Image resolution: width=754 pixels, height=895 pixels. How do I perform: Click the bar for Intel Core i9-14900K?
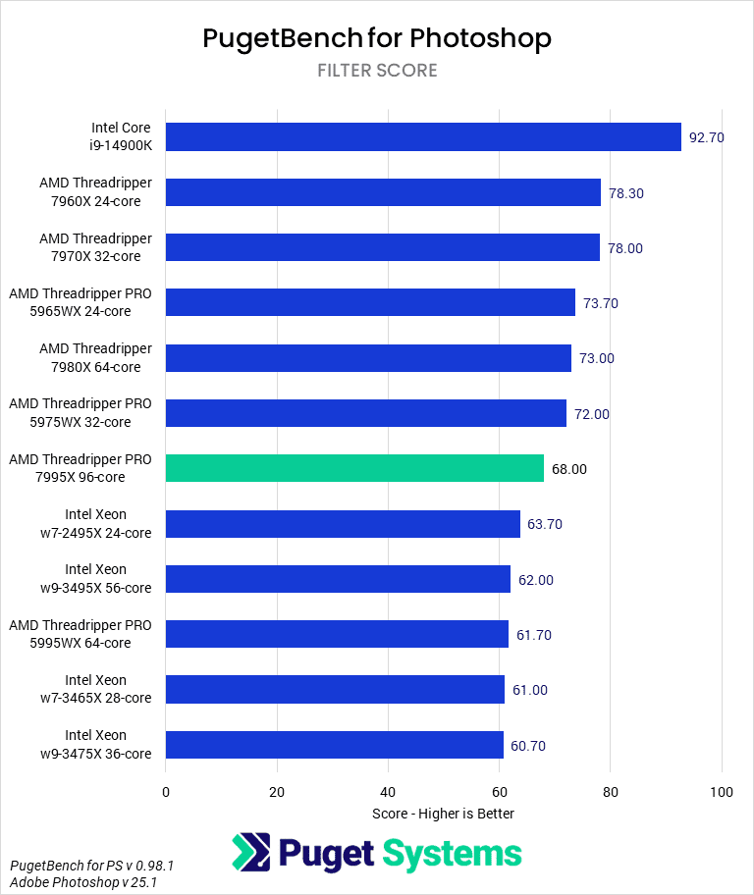(x=423, y=137)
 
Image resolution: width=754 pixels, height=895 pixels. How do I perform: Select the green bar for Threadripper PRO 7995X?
(x=354, y=468)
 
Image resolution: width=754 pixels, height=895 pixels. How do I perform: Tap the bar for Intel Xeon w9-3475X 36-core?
(x=335, y=745)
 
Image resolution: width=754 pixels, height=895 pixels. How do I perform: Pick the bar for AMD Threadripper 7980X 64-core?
(x=368, y=358)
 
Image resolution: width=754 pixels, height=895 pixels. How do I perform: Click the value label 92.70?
(x=706, y=137)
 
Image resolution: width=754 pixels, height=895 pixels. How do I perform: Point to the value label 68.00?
(x=569, y=469)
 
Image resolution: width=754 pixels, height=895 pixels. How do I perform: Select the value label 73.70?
(x=601, y=303)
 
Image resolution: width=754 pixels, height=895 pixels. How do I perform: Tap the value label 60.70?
(x=528, y=746)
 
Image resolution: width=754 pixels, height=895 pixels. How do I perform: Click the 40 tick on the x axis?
(x=389, y=792)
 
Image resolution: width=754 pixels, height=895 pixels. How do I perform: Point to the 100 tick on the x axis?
(x=722, y=792)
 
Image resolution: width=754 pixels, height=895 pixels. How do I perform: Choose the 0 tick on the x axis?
(x=166, y=792)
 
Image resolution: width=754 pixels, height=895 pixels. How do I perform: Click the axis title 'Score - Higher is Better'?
(x=444, y=814)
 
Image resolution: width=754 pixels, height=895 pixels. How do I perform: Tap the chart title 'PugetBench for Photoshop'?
(x=377, y=38)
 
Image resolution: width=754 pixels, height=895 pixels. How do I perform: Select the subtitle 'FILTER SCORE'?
(x=377, y=71)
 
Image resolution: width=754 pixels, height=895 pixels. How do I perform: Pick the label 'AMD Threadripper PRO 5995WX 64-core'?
(x=81, y=634)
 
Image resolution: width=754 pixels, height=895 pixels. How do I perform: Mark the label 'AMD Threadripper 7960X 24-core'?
(x=96, y=192)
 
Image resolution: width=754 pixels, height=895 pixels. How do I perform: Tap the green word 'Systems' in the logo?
(x=452, y=853)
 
